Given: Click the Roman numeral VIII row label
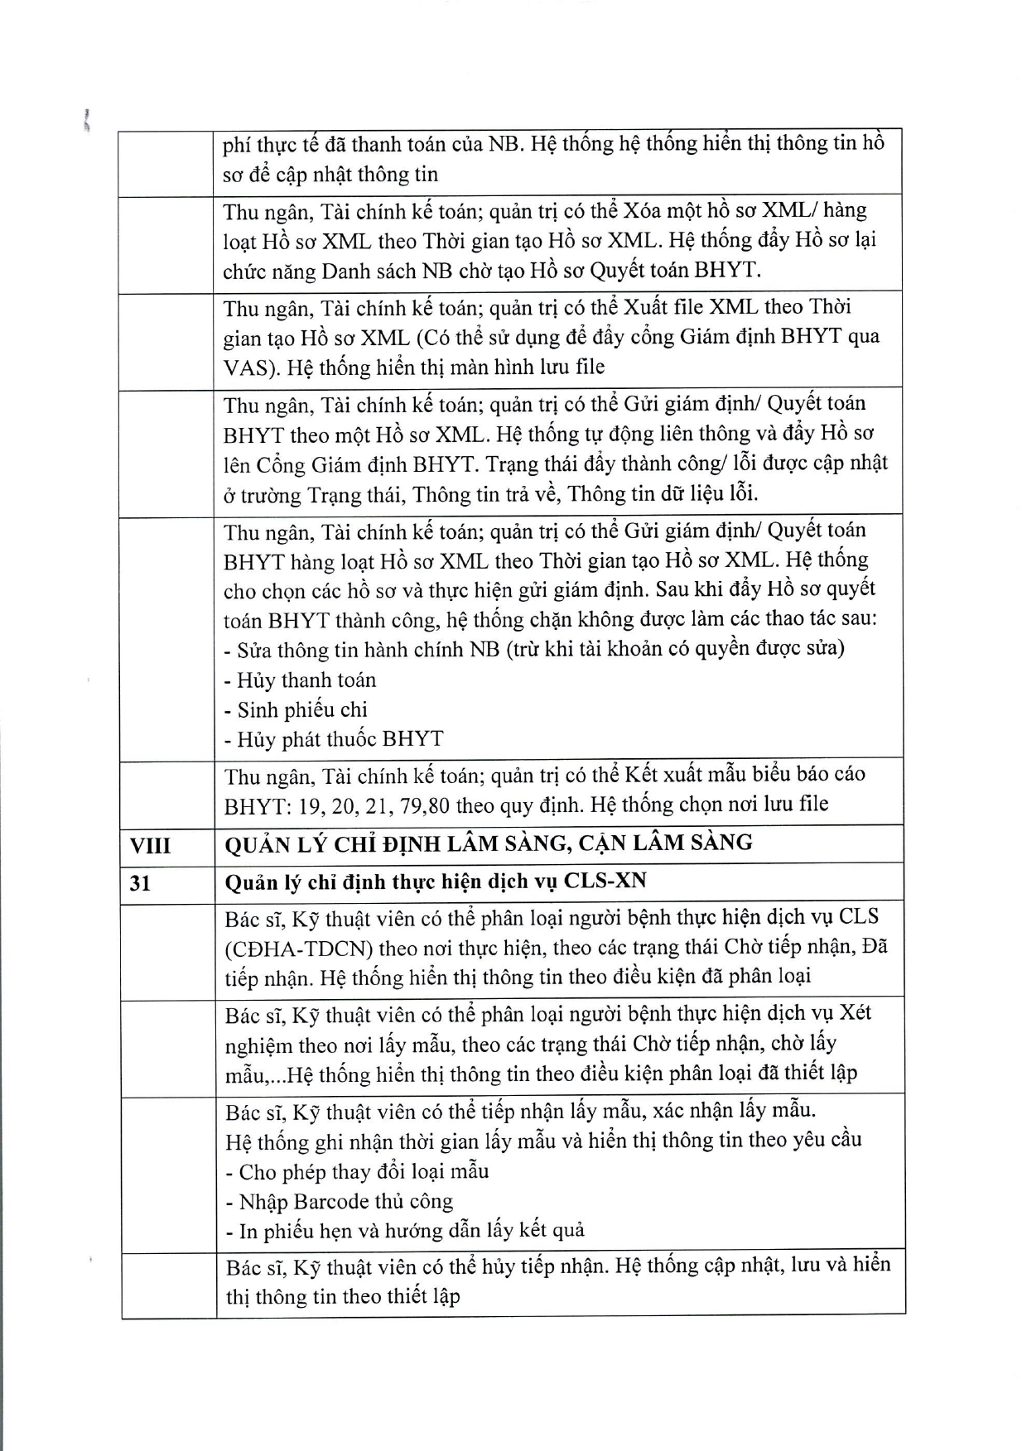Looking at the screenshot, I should (150, 845).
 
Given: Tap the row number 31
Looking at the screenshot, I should (140, 883).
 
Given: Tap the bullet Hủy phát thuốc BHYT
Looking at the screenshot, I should (334, 739).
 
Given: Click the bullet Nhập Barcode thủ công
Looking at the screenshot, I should (340, 1201).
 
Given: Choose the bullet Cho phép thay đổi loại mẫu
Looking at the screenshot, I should (357, 1172).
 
